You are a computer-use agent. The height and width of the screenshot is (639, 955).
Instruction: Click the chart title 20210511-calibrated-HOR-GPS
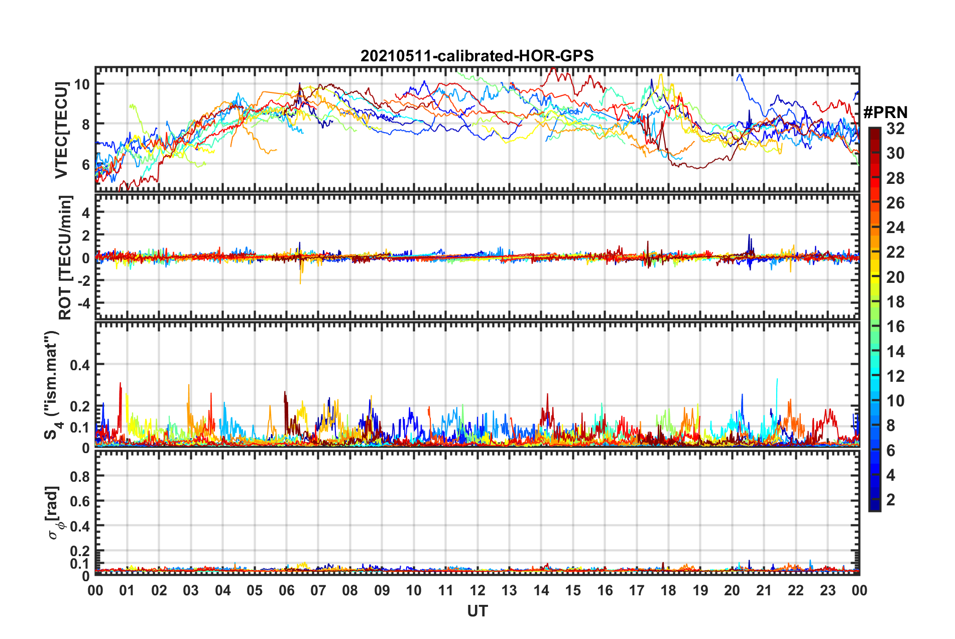click(x=477, y=56)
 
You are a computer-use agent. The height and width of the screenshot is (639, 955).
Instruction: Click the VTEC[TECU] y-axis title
click(x=61, y=130)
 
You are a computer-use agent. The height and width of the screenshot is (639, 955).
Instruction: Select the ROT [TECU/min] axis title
click(x=65, y=258)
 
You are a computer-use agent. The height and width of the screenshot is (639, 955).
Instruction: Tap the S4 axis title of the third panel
click(x=52, y=385)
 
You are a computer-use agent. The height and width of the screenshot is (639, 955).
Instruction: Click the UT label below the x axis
click(x=477, y=611)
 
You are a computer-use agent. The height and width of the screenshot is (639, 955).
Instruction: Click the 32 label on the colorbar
click(x=895, y=129)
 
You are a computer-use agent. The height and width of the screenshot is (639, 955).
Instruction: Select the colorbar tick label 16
click(x=895, y=327)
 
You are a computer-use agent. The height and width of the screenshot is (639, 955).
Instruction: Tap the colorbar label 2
click(x=891, y=499)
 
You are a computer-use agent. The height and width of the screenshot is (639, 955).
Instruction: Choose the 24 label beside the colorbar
click(x=895, y=228)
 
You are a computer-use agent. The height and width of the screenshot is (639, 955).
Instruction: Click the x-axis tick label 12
click(x=477, y=590)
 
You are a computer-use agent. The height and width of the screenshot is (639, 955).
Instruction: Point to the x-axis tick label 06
click(x=286, y=590)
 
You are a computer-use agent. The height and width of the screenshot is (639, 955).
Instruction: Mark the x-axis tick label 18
click(x=668, y=590)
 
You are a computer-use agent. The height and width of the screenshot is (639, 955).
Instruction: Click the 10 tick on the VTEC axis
click(x=82, y=84)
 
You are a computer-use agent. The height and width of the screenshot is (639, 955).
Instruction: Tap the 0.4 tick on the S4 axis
click(x=79, y=365)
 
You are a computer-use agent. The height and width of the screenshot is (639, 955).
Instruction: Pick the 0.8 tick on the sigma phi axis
click(x=79, y=476)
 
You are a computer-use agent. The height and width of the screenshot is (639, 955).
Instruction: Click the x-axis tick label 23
click(x=827, y=590)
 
